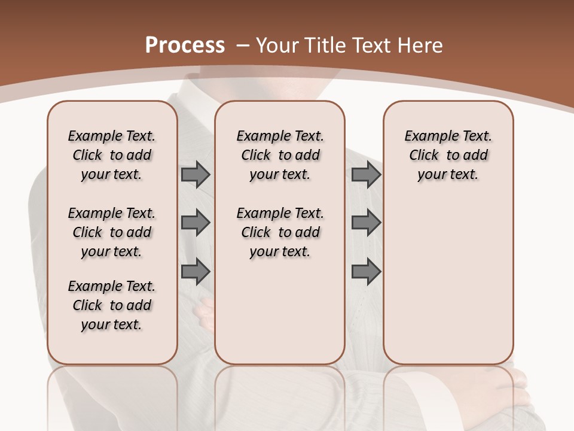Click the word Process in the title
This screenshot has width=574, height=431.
coord(185,45)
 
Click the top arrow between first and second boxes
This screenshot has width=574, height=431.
coord(196,175)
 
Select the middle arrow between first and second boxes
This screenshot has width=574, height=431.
coord(196,223)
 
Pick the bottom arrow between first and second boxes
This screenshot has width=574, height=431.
coord(196,272)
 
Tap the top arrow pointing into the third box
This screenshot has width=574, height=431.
coord(366,175)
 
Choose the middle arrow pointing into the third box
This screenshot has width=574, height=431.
coord(366,223)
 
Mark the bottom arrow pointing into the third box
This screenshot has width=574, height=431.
coord(366,272)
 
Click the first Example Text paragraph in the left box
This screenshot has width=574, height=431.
coord(111,155)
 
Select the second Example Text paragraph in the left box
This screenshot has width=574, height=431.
coord(111,232)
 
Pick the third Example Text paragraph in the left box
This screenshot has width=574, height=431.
coord(111,305)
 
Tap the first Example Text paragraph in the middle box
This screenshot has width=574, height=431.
coord(280,155)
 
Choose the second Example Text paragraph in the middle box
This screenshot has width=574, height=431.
coord(280,232)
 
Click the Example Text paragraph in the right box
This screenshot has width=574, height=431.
coord(448,155)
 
